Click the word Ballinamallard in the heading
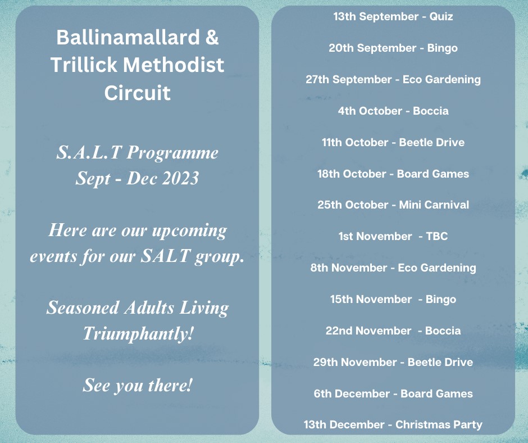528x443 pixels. (128, 37)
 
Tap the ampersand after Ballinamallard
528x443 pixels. (212, 37)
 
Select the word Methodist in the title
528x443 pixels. (174, 65)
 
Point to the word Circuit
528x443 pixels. (138, 92)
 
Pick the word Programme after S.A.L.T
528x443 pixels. (172, 153)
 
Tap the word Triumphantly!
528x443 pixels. (138, 334)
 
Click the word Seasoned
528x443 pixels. (83, 308)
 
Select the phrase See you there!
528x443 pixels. (138, 385)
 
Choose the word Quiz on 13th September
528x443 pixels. (441, 17)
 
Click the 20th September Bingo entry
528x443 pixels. (393, 48)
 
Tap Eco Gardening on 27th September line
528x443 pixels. (442, 80)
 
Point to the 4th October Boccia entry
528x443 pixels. (393, 111)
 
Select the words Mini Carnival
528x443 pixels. (434, 205)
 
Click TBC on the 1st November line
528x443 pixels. (437, 236)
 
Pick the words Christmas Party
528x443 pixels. (439, 424)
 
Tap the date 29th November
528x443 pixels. (355, 362)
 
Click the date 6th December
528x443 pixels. (350, 394)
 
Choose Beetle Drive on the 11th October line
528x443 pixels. (432, 142)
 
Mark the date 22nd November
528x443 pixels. (368, 331)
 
